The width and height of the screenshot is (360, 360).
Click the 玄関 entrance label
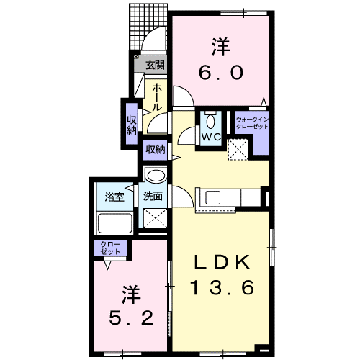[154, 65]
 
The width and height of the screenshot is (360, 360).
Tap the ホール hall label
[156, 96]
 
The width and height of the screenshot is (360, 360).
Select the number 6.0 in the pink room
[221, 72]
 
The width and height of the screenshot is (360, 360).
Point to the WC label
[211, 136]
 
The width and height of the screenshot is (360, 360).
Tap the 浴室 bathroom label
[114, 195]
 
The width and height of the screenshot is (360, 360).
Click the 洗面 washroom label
[151, 195]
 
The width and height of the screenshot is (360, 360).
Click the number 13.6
[222, 289]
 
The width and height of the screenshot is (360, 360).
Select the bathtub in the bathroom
[114, 224]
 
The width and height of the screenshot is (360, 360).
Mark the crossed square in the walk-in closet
[238, 148]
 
